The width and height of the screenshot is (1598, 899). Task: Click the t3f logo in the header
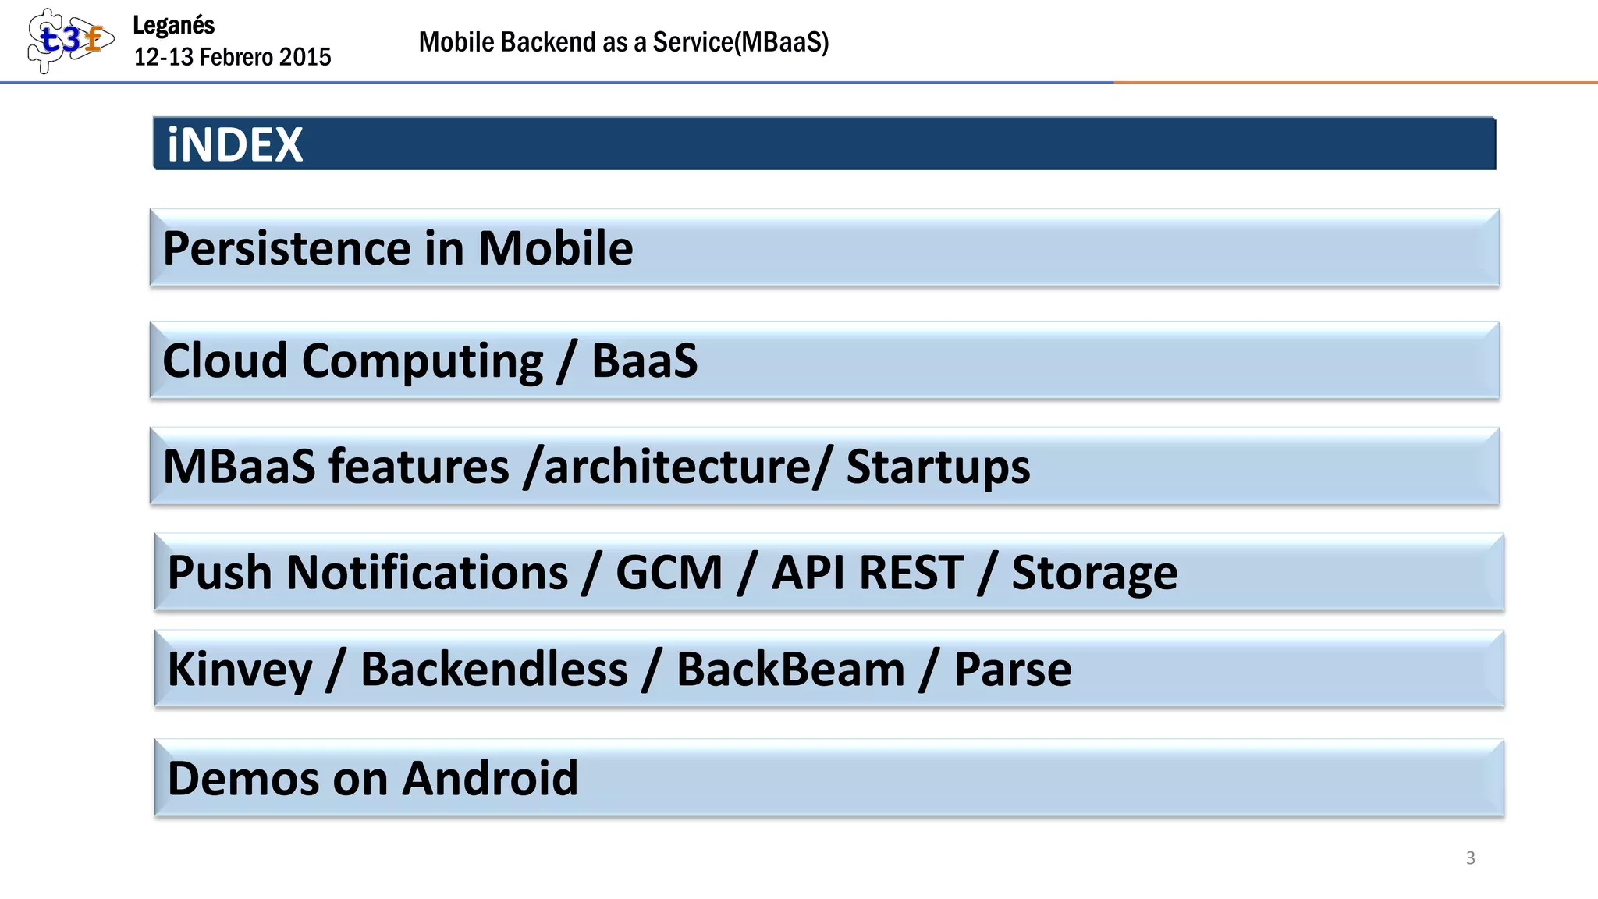pos(69,40)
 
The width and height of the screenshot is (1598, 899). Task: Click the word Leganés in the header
pos(173,25)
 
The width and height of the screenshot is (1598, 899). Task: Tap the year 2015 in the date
pos(305,57)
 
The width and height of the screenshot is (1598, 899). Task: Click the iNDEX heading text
pos(235,144)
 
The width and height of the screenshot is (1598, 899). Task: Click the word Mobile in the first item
pos(555,249)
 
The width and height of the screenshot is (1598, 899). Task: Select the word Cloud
pos(225,361)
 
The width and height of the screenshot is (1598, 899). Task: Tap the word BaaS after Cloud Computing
pos(645,361)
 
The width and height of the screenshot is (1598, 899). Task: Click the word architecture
pos(676,467)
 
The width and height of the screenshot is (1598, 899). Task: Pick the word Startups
pos(938,467)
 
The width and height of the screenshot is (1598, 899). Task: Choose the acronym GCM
pos(669,573)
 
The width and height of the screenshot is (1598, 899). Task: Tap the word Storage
pos(1095,573)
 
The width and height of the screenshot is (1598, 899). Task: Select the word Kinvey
pos(240,670)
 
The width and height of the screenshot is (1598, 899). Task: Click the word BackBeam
pos(790,670)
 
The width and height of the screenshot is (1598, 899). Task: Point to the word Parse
pos(1013,670)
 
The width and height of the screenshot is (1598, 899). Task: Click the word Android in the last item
pos(490,779)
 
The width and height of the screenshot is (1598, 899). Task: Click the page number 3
pos(1470,858)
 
